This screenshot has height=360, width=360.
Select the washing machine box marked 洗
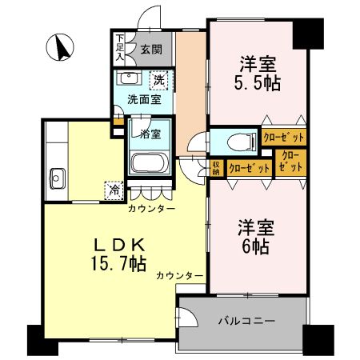click(x=159, y=80)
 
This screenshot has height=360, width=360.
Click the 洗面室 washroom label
click(x=144, y=100)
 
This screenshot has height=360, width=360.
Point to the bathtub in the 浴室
click(x=149, y=163)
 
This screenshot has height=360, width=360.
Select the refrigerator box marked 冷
click(x=114, y=190)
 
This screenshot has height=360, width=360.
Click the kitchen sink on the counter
click(x=57, y=176)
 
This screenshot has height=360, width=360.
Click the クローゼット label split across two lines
click(x=290, y=162)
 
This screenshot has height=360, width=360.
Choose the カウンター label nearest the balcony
click(x=179, y=276)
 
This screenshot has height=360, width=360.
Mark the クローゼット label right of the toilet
click(x=283, y=138)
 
